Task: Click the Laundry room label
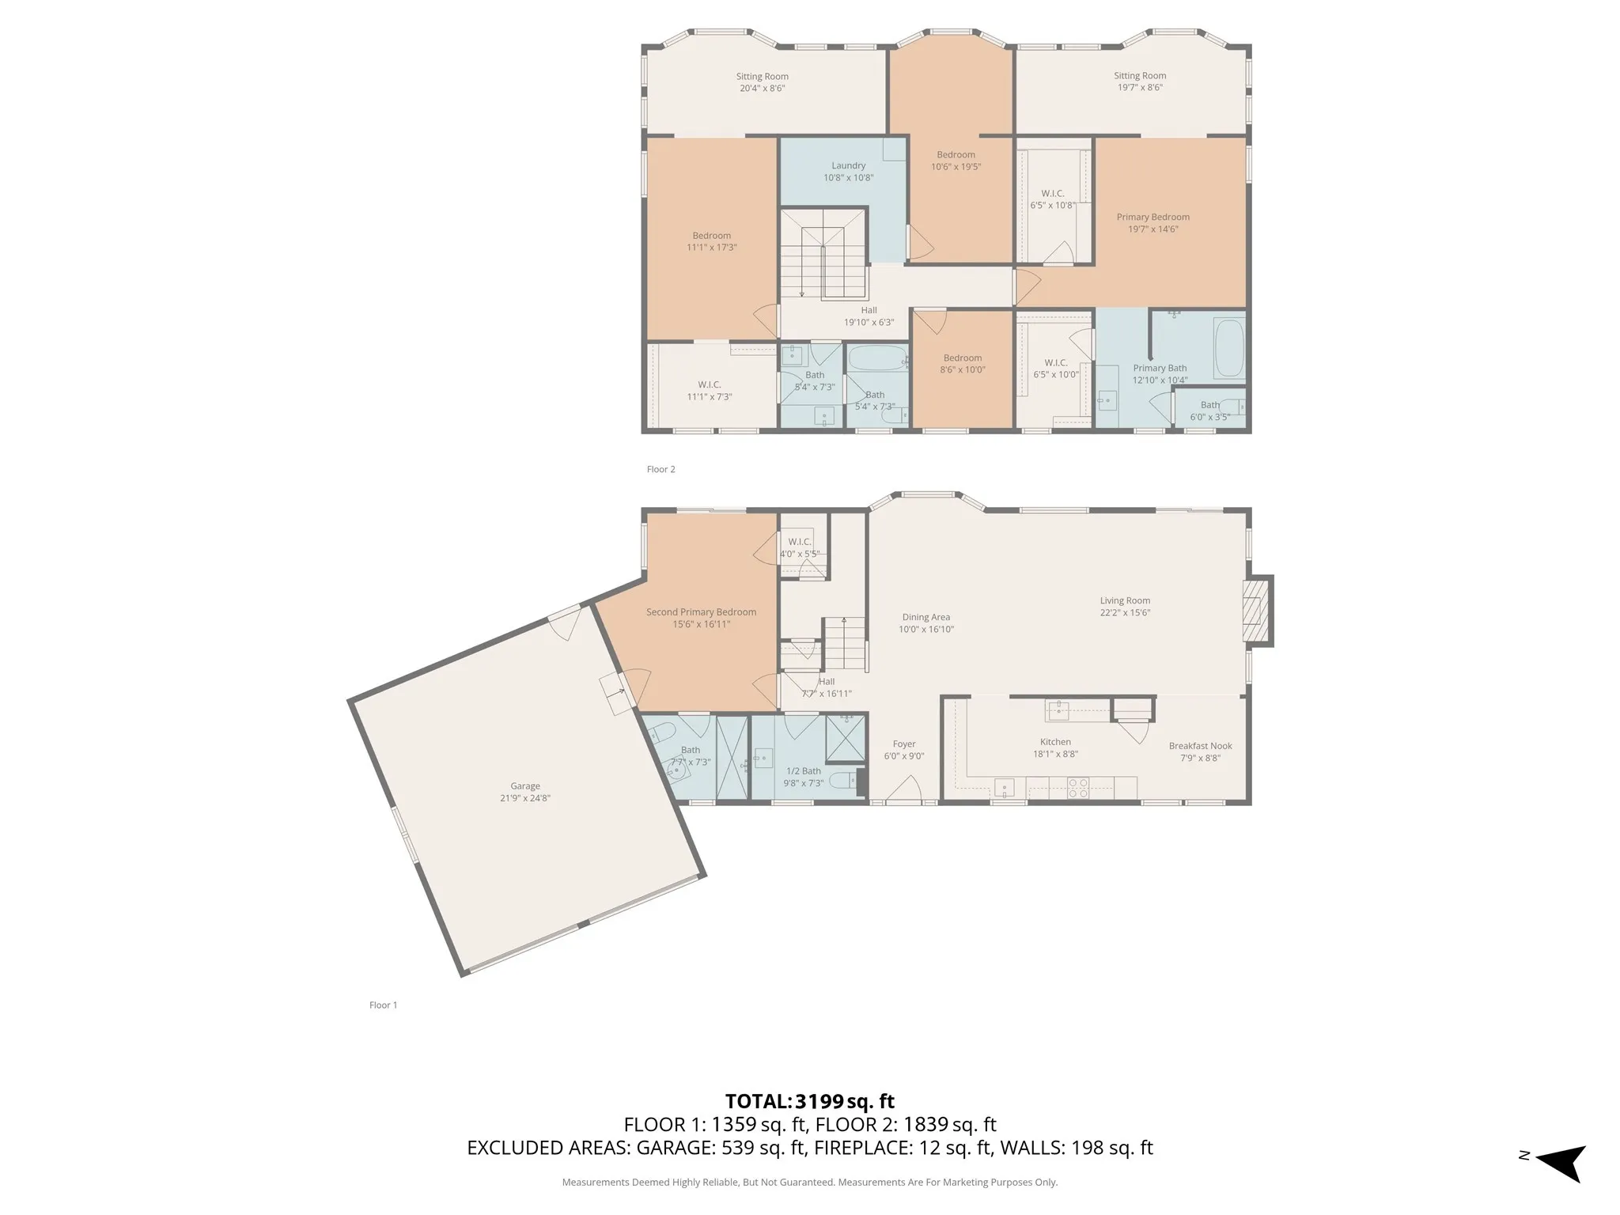pos(848,166)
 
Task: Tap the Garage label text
pos(525,785)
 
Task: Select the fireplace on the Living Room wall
pos(1256,611)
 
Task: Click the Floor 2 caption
pos(660,469)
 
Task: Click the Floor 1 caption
pos(383,1005)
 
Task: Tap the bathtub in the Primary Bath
pos(1228,348)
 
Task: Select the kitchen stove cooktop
pos(1078,787)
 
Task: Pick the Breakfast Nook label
pos(1200,746)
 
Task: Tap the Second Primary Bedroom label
pos(701,612)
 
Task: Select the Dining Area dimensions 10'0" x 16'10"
pos(925,630)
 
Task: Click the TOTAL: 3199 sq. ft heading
pos(809,1101)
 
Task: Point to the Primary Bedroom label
pos(1153,217)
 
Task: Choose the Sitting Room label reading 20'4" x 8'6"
pos(762,82)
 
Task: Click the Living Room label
pos(1124,600)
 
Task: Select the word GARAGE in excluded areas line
pos(672,1148)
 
